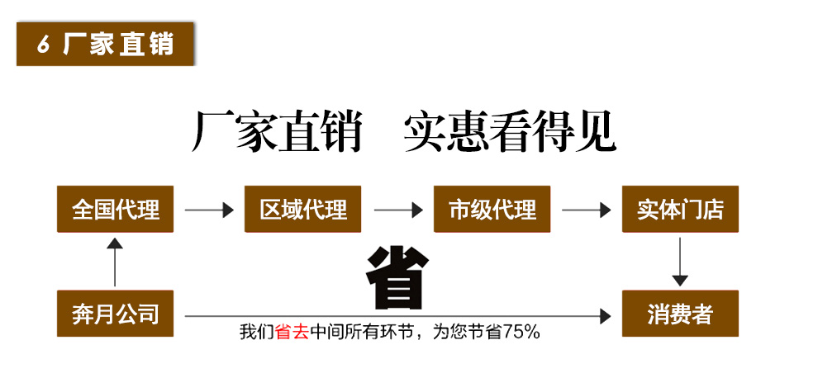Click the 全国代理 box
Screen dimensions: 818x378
[115, 210]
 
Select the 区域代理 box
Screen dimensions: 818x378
[303, 210]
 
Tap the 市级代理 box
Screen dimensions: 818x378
[492, 210]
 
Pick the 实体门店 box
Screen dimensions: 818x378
[680, 210]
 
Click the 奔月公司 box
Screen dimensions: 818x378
[115, 314]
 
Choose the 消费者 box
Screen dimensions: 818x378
[680, 314]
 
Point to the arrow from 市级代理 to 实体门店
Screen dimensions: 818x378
[586, 210]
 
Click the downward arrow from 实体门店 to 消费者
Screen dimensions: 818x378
[680, 262]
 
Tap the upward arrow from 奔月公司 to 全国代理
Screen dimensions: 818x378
[115, 262]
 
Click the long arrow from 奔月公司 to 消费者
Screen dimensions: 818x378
[397, 316]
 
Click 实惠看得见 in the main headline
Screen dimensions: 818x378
[510, 133]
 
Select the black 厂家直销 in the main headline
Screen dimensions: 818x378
[278, 133]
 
